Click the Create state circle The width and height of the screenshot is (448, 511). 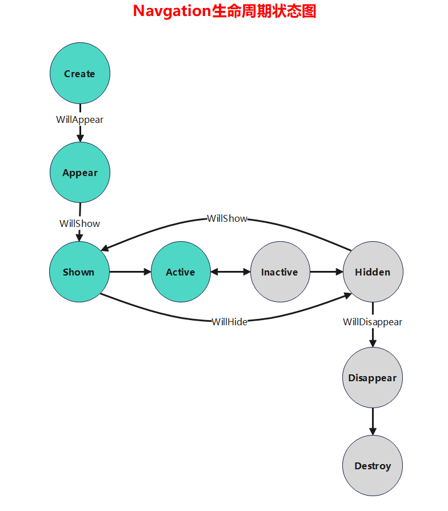click(x=80, y=74)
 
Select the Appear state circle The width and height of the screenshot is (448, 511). click(x=80, y=173)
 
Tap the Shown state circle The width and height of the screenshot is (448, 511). click(x=79, y=272)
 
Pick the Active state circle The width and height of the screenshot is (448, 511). click(x=181, y=272)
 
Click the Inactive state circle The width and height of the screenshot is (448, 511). click(x=280, y=272)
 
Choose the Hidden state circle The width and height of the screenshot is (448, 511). click(x=373, y=272)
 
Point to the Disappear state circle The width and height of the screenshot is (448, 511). click(x=373, y=378)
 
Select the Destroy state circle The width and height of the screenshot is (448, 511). click(x=373, y=466)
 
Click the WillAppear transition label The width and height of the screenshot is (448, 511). click(x=79, y=119)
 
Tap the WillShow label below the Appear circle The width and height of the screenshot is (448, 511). click(x=79, y=223)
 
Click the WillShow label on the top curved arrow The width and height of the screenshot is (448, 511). click(x=227, y=218)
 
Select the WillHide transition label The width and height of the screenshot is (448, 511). click(x=230, y=322)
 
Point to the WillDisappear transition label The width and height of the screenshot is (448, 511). click(x=373, y=322)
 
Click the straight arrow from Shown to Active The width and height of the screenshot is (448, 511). click(x=130, y=272)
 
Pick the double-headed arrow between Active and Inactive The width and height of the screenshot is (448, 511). click(x=230, y=272)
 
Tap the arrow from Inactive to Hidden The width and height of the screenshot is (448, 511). click(x=326, y=272)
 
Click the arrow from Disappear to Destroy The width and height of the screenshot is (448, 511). click(x=373, y=421)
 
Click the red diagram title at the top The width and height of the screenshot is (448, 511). click(x=225, y=11)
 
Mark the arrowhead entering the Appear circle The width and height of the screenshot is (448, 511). click(x=80, y=138)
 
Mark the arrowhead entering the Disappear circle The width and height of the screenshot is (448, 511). click(x=373, y=343)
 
